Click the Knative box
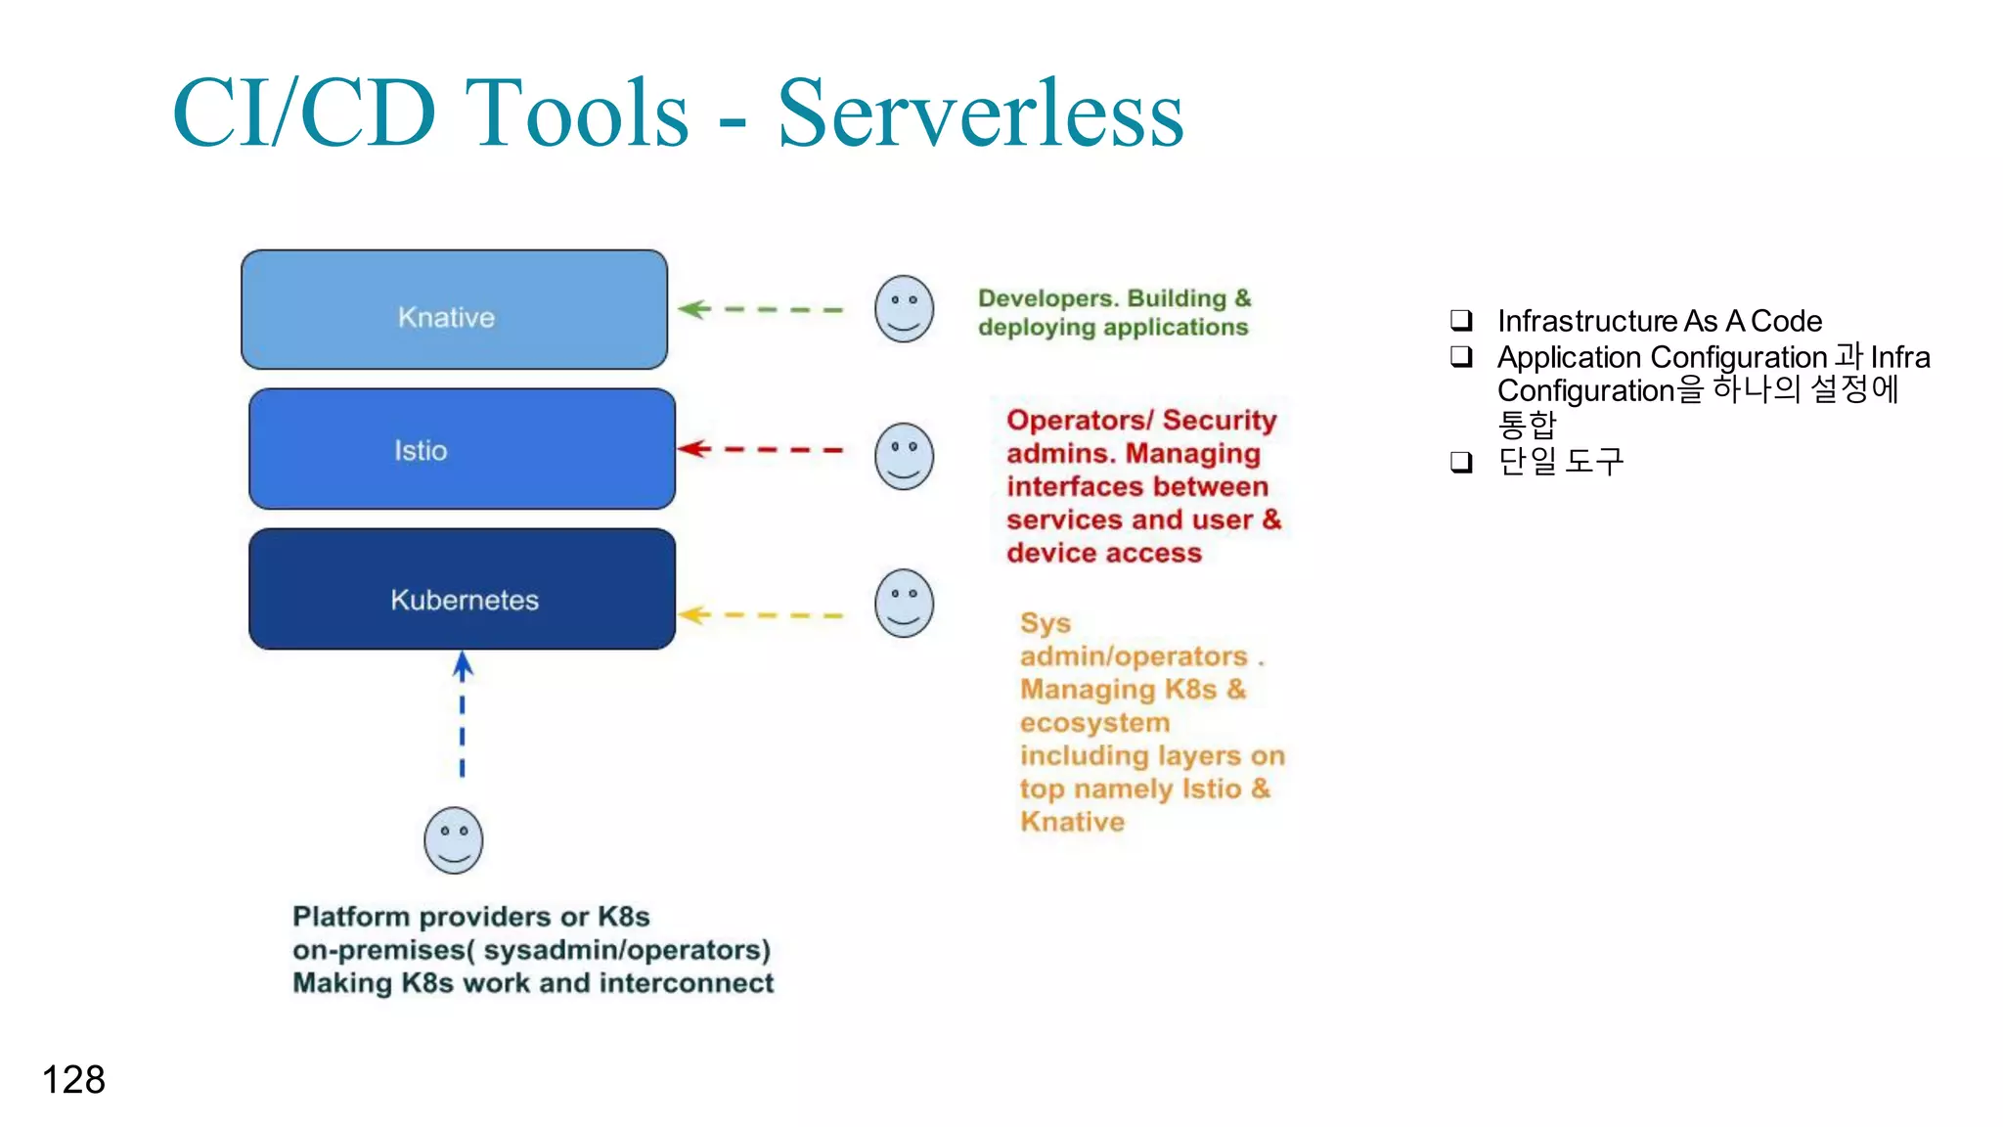click(454, 310)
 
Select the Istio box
click(462, 449)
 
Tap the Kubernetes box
click(462, 590)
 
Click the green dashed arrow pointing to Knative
click(760, 309)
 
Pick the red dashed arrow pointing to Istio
click(760, 449)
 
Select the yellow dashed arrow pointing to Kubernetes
click(760, 615)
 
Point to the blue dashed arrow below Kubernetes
click(463, 715)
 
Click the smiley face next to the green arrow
click(904, 309)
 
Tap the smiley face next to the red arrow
click(904, 457)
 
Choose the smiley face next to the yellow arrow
click(904, 604)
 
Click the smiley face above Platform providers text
click(454, 840)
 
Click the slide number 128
click(73, 1080)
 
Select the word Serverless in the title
click(980, 114)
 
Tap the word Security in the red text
click(1220, 421)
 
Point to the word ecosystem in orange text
click(1094, 723)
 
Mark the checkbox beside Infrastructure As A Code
click(1461, 320)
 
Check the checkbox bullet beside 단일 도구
click(1461, 461)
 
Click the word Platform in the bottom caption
click(351, 917)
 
